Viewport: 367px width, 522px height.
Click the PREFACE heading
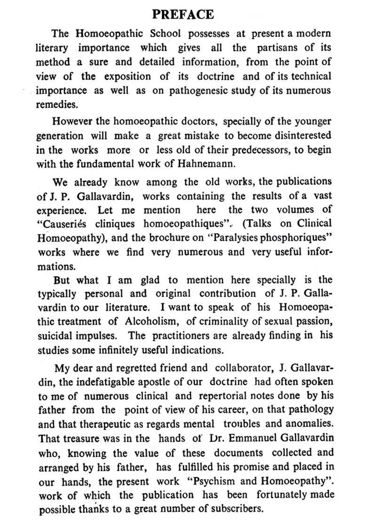183,14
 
